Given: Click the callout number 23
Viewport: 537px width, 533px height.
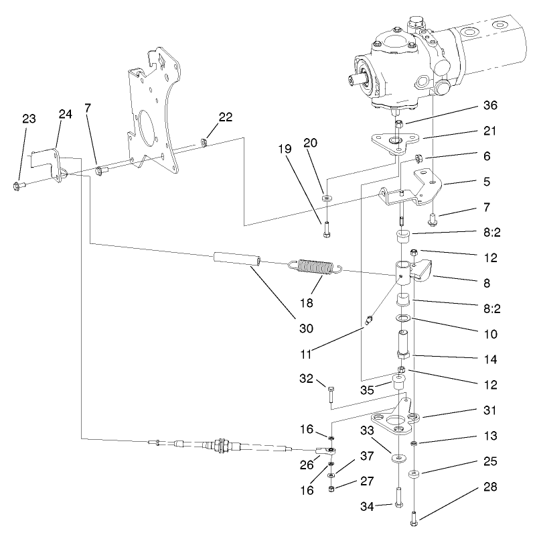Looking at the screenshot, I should (29, 119).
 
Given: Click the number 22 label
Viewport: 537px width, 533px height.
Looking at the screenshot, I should (225, 117).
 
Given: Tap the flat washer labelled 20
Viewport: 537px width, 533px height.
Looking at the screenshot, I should (326, 199).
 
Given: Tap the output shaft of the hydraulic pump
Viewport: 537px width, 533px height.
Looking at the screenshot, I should (355, 80).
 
